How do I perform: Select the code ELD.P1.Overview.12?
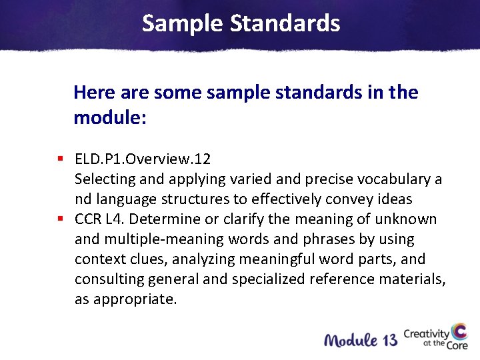143,159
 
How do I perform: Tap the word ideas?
394,199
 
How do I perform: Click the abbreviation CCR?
88,219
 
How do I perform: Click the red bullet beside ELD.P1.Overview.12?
60,159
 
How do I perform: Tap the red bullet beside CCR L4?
60,219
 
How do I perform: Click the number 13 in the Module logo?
391,340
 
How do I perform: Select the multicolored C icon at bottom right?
459,333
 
